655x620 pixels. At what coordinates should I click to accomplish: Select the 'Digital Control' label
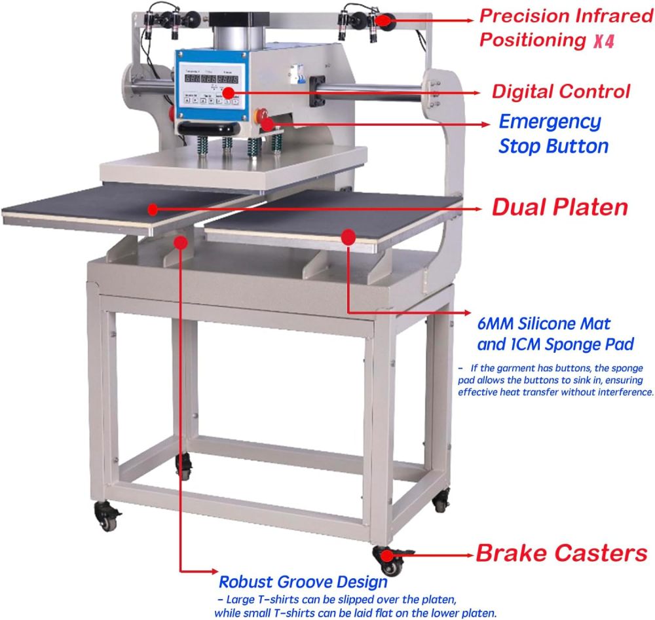(561, 91)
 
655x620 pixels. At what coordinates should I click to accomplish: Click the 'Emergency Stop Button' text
(553, 134)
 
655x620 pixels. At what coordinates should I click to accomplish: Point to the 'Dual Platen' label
(559, 208)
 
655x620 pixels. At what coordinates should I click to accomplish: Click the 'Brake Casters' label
(561, 553)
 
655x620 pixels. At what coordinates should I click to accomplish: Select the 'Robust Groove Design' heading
(303, 581)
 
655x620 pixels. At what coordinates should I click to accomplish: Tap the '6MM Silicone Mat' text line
(544, 323)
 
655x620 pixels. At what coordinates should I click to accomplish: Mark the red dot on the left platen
(152, 209)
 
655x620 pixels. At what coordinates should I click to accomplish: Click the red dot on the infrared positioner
(384, 20)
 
